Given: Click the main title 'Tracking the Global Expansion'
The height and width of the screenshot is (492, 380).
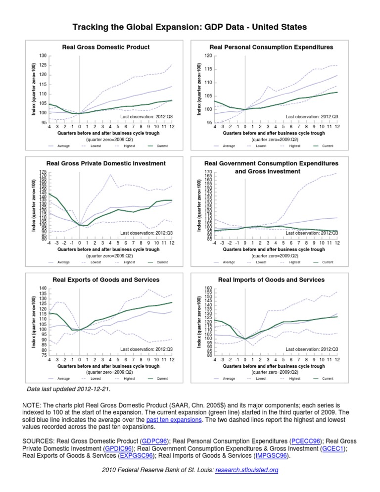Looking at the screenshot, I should click(x=190, y=26).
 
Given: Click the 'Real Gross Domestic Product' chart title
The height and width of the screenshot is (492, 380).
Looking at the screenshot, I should click(x=106, y=48).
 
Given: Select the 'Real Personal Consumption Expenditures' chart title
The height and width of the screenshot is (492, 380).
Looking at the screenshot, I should click(x=271, y=48).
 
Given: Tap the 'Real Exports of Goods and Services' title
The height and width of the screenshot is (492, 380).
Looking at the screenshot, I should click(x=106, y=280).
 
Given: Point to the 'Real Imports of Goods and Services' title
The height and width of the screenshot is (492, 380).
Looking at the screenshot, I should click(x=271, y=280).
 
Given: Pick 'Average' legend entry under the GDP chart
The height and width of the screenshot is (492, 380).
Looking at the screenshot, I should click(x=63, y=146).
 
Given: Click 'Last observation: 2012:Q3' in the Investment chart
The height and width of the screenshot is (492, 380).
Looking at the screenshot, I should click(x=146, y=233).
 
